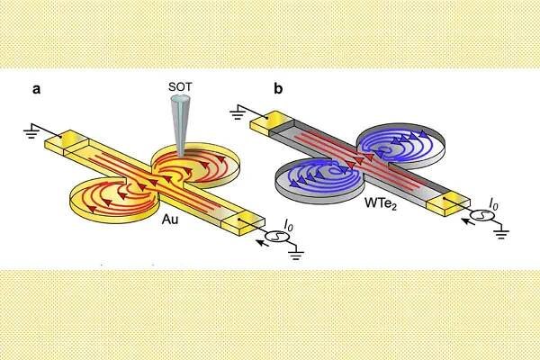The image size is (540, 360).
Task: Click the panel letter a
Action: [x=37, y=89]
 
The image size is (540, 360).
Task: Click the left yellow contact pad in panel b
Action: [x=259, y=130]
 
